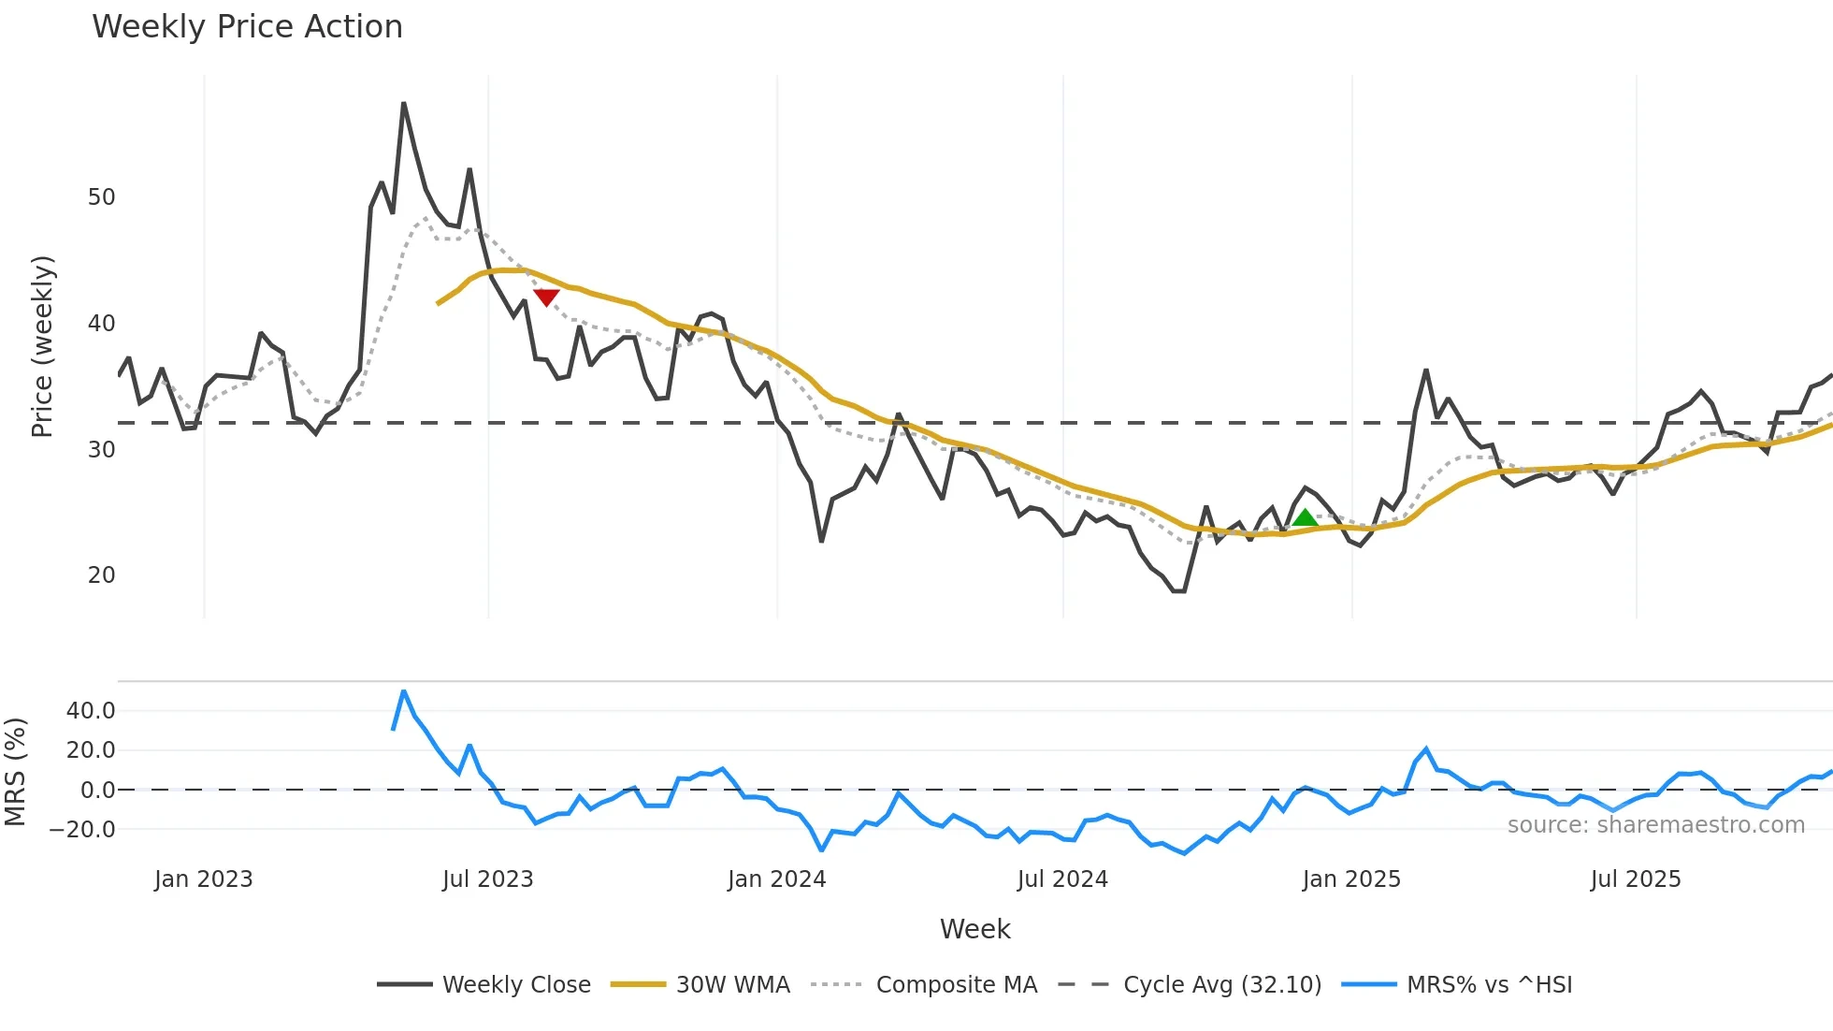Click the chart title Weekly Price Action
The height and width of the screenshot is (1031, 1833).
247,27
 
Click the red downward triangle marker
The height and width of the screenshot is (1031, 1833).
546,297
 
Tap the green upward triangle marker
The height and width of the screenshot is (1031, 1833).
1305,518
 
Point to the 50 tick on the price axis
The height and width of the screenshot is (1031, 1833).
101,197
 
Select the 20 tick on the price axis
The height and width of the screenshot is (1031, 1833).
101,575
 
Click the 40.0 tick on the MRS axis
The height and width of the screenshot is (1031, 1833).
91,711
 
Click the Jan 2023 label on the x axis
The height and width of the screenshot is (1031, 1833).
203,879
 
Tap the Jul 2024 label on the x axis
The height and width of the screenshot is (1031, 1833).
1062,879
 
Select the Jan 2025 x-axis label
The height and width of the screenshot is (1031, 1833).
1351,879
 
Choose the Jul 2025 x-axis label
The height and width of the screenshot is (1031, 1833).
1636,879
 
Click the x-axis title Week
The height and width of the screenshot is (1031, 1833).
974,929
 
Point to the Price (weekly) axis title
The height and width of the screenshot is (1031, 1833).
42,346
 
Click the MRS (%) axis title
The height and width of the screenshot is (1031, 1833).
15,772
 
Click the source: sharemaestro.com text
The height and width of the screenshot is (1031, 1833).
1655,825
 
